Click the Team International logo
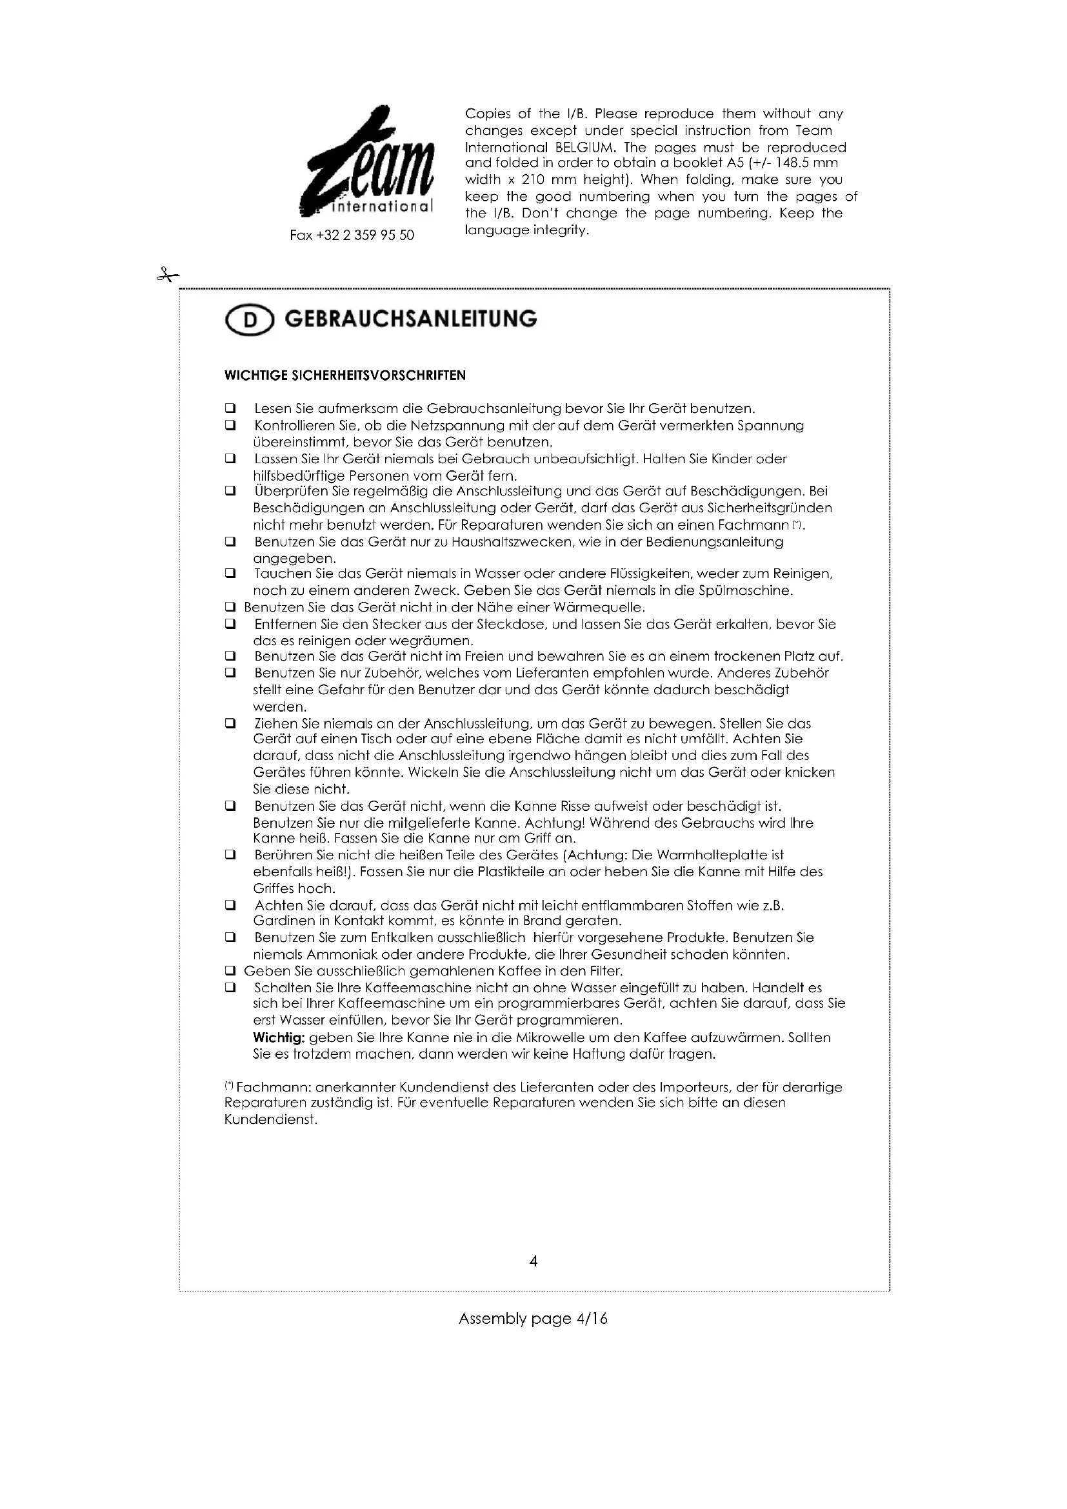(x=366, y=165)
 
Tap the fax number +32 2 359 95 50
(x=352, y=235)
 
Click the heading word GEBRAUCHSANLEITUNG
(x=411, y=319)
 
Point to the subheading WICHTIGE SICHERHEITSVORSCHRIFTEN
(x=345, y=375)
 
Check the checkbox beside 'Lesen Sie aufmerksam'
(x=230, y=408)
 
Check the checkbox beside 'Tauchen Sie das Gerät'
(x=230, y=574)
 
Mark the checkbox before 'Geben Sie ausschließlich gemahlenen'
(x=230, y=971)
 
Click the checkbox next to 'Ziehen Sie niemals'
(x=230, y=724)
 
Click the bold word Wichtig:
(x=279, y=1038)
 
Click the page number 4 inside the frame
(x=533, y=1261)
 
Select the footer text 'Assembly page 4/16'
(x=533, y=1319)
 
